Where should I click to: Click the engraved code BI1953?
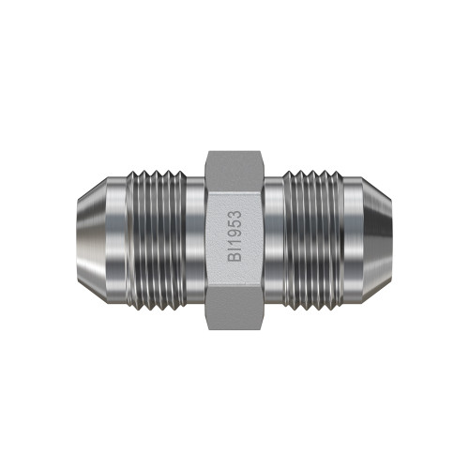[234, 236]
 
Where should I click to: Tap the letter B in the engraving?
[234, 257]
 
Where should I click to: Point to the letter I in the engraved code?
[234, 250]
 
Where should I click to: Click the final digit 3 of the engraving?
[234, 215]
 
